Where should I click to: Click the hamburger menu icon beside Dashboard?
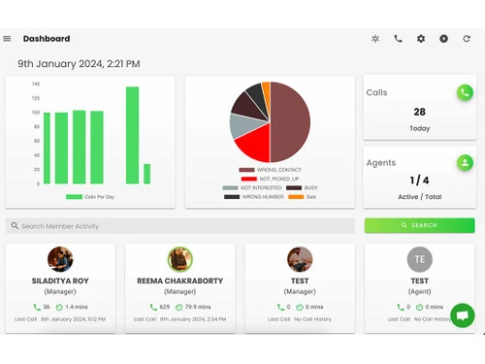[7, 39]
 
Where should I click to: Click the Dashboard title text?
[47, 39]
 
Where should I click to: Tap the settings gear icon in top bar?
[421, 39]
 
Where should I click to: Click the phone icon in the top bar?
[398, 39]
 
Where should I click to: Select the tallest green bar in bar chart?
[132, 135]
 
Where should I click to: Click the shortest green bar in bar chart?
[147, 174]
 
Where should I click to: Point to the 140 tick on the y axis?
[35, 83]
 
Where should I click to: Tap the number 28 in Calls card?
[419, 112]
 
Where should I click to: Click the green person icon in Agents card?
[465, 162]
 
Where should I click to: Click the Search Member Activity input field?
[179, 225]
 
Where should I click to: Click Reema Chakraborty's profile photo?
[179, 259]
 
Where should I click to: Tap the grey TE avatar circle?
[419, 259]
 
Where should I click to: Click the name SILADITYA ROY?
[60, 281]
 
